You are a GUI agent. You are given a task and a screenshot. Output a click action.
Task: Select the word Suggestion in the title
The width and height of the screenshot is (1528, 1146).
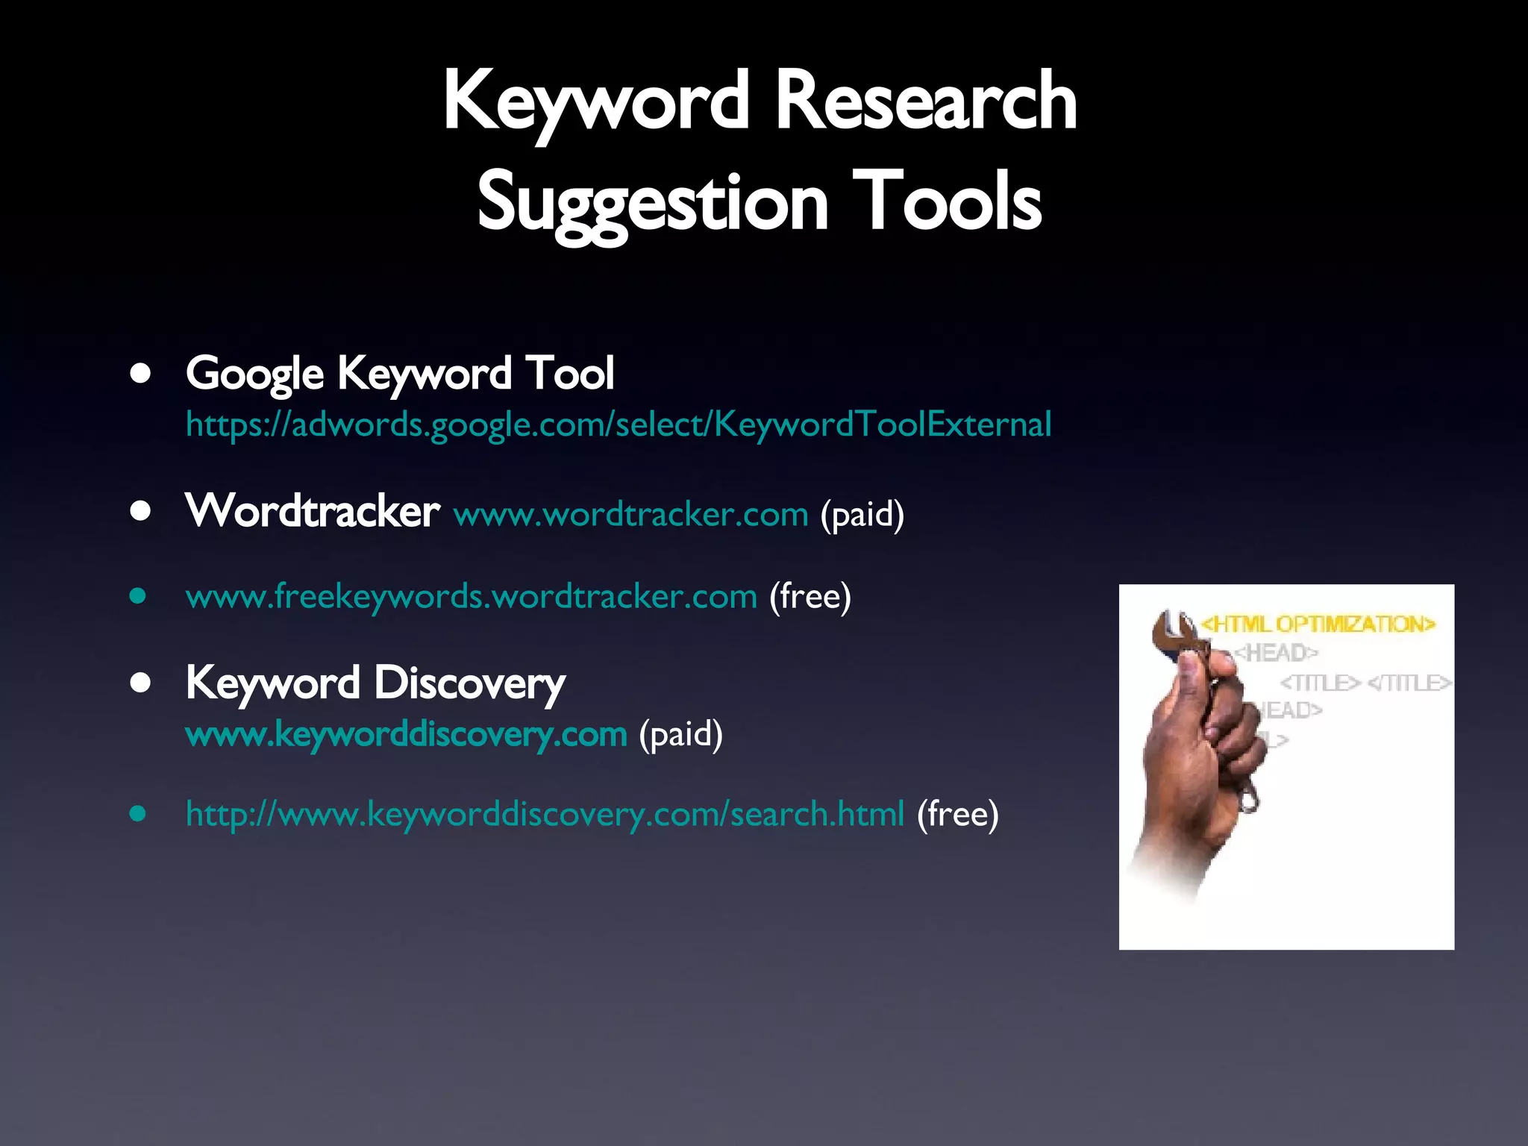coord(653,201)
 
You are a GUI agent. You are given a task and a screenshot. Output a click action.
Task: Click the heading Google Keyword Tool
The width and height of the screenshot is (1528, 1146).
coord(400,373)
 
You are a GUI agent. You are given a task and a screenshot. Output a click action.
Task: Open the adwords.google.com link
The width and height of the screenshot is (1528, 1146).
coord(618,425)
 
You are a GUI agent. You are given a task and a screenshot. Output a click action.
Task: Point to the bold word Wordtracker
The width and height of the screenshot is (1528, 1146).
coord(313,512)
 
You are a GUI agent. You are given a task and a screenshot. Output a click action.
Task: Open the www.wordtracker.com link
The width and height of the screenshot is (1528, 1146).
coord(630,515)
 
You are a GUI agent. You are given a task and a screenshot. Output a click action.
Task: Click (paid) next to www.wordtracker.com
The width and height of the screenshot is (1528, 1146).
coord(862,515)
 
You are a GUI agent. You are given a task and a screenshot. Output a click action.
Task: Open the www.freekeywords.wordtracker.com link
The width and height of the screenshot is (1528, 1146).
coord(472,597)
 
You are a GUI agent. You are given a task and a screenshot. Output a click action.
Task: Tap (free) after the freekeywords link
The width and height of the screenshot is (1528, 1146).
coord(810,597)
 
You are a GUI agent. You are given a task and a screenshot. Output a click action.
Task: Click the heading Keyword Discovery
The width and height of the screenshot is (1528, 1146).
coord(375,683)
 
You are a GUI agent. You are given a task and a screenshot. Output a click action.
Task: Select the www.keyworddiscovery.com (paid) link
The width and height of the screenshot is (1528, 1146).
coord(406,735)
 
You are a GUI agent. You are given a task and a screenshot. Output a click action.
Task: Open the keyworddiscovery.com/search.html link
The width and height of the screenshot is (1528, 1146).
coord(545,814)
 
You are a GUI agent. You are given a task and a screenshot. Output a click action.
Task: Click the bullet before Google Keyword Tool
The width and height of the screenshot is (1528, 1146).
coord(140,373)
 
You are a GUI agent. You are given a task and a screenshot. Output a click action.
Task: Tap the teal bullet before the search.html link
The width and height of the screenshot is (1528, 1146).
coord(137,813)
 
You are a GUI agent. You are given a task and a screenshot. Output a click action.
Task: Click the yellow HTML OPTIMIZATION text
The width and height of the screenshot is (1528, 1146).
coord(1318,624)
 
